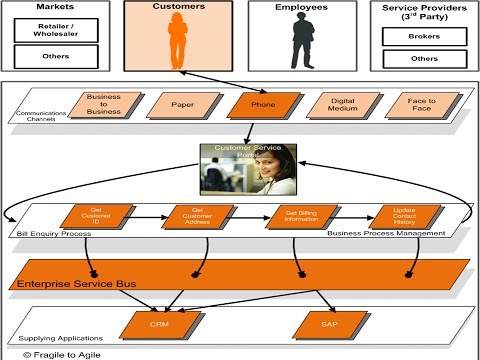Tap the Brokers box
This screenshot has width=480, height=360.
tap(424, 36)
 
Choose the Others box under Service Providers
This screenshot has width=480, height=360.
tap(424, 59)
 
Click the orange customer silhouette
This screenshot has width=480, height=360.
tap(179, 43)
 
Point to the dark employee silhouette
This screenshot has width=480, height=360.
tap(302, 43)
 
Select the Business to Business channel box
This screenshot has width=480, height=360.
tap(103, 104)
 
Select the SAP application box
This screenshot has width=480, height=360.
tap(326, 323)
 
